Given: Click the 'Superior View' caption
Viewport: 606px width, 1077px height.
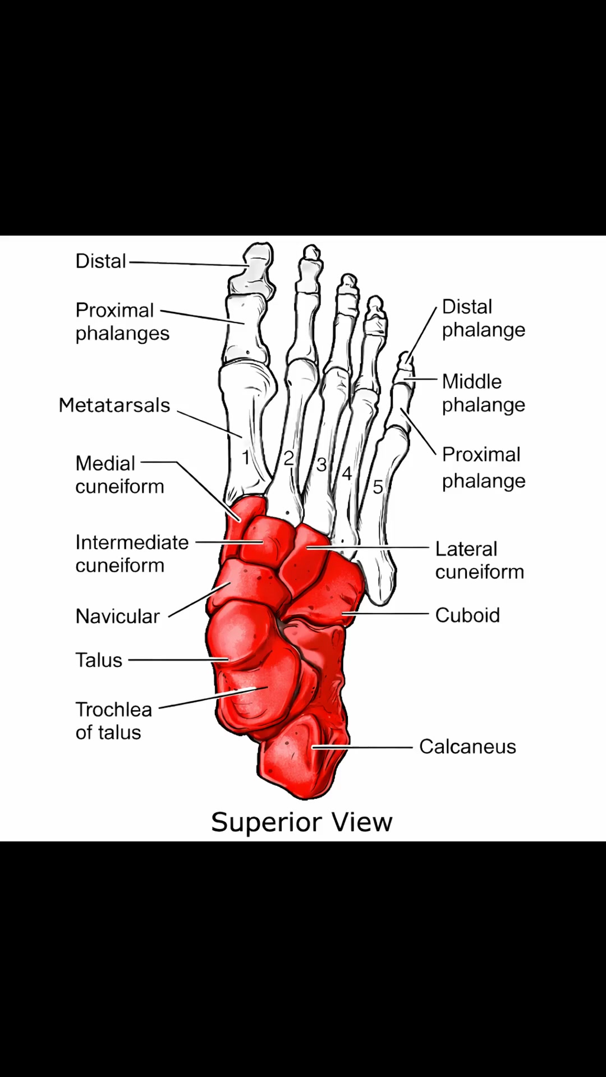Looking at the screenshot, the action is (302, 822).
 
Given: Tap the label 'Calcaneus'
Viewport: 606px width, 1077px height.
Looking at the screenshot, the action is (467, 747).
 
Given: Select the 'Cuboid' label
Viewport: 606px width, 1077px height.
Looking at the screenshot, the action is (467, 615).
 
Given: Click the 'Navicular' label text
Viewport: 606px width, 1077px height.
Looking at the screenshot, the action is (118, 616).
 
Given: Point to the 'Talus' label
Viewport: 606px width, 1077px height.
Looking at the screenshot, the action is (99, 660).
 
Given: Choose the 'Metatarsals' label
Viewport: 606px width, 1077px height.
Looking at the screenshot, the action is (114, 405).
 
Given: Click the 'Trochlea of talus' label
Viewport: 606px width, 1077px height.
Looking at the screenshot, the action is (114, 721).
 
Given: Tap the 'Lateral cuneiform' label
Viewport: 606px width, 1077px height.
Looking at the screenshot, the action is (480, 560).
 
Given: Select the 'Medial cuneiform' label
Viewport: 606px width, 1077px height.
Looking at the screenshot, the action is (120, 475).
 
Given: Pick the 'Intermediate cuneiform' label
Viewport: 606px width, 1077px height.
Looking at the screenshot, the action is (132, 554).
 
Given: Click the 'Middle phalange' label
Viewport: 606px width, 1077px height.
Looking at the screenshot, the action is (484, 393).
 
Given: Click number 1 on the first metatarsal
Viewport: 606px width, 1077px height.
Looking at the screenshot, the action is (245, 458).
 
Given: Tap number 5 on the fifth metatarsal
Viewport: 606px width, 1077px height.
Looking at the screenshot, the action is (378, 487).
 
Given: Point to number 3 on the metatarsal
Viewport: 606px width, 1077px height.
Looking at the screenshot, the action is (321, 464).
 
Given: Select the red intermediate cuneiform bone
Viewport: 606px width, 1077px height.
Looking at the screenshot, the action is (264, 540).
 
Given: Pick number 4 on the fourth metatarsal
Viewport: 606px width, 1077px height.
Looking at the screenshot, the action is (347, 473).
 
